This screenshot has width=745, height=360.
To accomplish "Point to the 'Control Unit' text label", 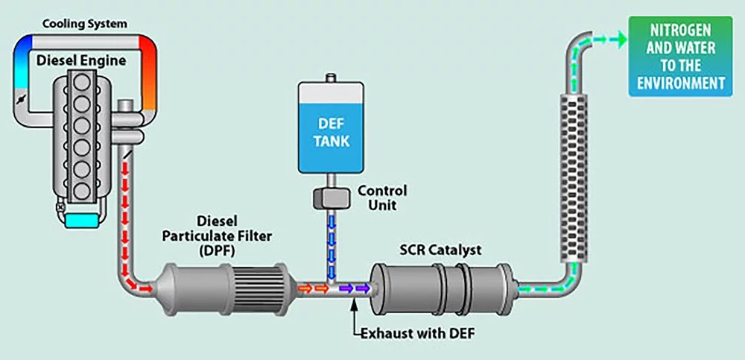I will coord(382,197).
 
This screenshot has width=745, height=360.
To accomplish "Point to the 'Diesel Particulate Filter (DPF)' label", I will coord(218,234).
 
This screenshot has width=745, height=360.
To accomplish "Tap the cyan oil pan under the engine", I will coord(75,218).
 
